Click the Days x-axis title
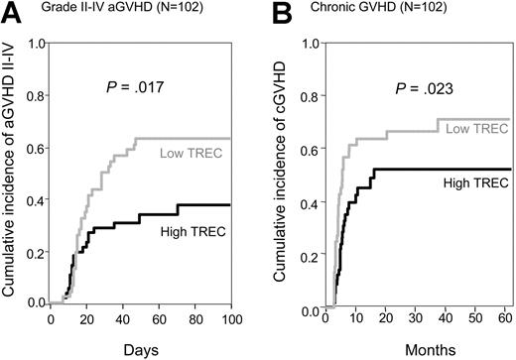(141, 348)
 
